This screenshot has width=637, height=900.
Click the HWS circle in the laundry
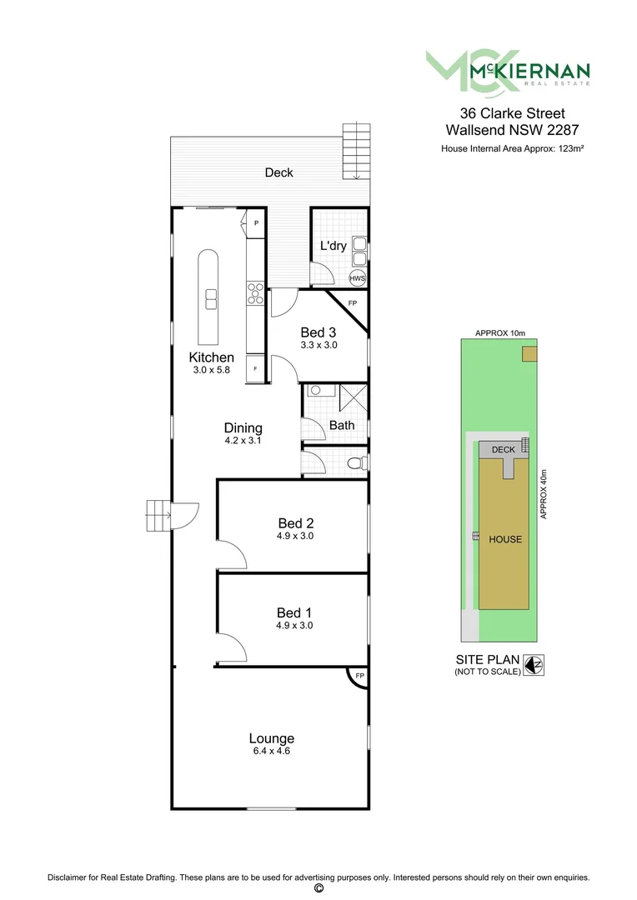357,278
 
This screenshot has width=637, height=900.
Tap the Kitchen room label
211,357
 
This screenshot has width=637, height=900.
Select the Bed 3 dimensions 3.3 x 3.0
318,345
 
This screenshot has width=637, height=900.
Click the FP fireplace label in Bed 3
353,302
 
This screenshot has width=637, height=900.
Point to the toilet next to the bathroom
357,462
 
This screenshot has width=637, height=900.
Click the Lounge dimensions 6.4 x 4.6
271,751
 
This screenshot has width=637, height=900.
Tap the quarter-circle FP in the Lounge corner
359,676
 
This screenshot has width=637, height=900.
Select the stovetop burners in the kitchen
255,294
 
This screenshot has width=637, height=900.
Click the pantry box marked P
256,223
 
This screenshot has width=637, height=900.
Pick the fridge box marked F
255,367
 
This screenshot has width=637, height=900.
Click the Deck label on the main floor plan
278,172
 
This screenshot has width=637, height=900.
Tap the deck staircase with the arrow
355,151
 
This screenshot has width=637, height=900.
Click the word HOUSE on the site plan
504,539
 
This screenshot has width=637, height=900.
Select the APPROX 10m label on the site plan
500,333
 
